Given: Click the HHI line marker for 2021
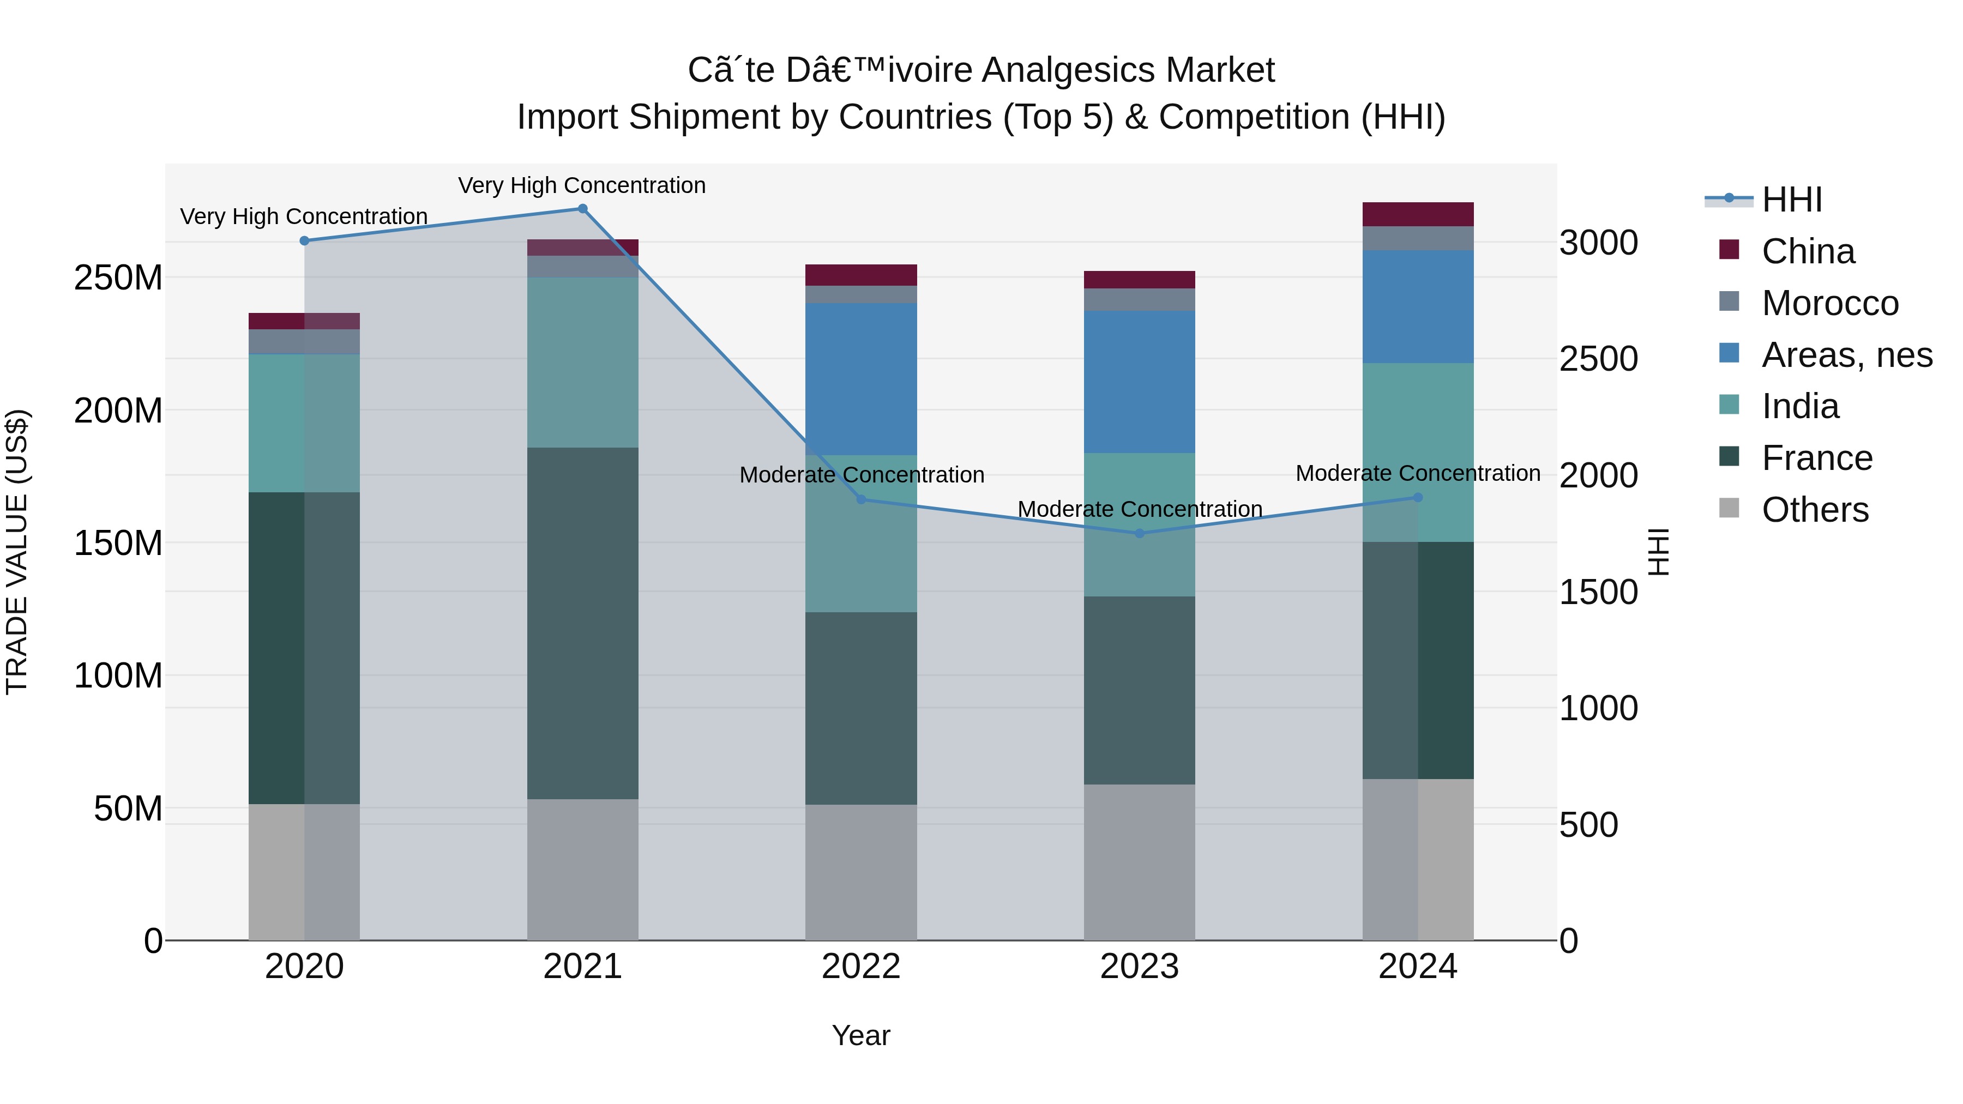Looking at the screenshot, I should (x=582, y=209).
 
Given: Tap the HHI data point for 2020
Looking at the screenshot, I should (x=304, y=241).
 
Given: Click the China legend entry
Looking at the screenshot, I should (x=1808, y=251).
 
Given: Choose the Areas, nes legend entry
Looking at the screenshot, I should (x=1846, y=355).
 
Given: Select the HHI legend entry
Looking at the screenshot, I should (x=1791, y=200).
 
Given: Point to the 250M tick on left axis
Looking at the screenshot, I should (x=118, y=278).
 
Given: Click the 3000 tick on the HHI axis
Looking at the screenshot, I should (x=1598, y=243).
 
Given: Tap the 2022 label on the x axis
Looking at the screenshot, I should (x=861, y=967).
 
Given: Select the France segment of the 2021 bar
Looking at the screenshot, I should (x=582, y=623).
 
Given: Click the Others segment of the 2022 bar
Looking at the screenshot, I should (x=861, y=872).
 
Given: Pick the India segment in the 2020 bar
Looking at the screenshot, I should (x=304, y=423).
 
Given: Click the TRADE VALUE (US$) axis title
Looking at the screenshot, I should (x=17, y=552).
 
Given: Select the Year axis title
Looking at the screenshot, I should (x=861, y=1035).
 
